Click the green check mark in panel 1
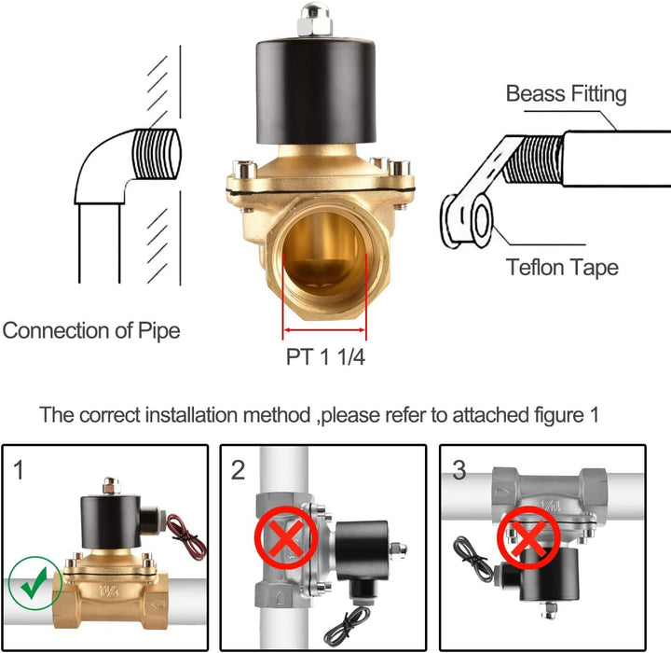pyautogui.click(x=34, y=583)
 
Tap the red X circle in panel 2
pyautogui.click(x=286, y=537)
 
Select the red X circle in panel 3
pyautogui.click(x=528, y=537)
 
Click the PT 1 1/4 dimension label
pyautogui.click(x=325, y=356)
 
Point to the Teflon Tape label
pyautogui.click(x=562, y=268)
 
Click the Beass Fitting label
pyautogui.click(x=566, y=93)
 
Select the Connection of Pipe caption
pyautogui.click(x=91, y=330)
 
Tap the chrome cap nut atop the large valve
pyautogui.click(x=315, y=20)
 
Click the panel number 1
pyautogui.click(x=18, y=470)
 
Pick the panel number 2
pyautogui.click(x=238, y=470)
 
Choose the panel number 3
pyautogui.click(x=459, y=470)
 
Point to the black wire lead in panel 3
pyautogui.click(x=472, y=557)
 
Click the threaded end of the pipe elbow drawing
pyautogui.click(x=157, y=154)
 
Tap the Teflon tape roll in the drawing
pyautogui.click(x=467, y=221)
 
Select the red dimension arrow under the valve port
pyautogui.click(x=325, y=330)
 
